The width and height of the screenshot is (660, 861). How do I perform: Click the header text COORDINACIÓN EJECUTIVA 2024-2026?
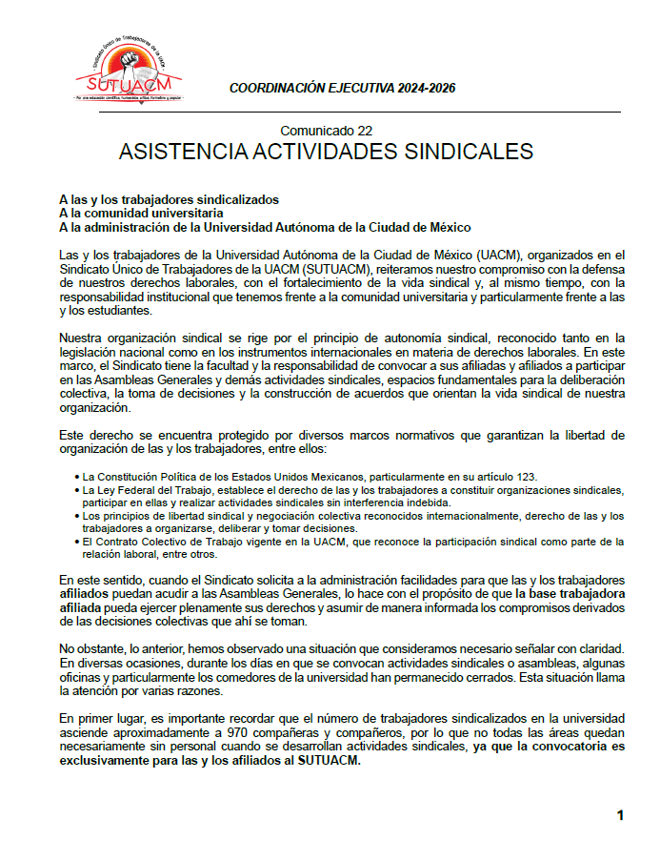click(342, 88)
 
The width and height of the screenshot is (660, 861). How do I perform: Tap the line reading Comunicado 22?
click(326, 131)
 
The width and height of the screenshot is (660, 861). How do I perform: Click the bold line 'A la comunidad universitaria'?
click(141, 214)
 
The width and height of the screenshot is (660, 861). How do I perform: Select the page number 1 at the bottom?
click(620, 815)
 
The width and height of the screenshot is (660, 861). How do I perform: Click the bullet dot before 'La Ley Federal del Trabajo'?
click(76, 489)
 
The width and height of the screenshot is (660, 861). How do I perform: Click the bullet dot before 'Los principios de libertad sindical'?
click(76, 516)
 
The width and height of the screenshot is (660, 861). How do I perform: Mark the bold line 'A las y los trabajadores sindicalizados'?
click(169, 199)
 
